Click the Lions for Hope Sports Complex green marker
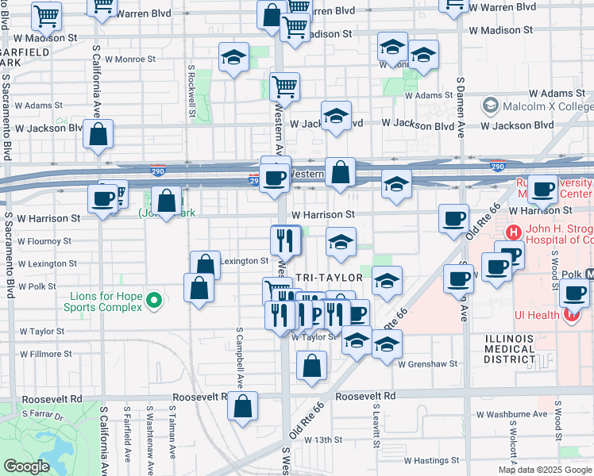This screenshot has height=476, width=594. tap(155, 300)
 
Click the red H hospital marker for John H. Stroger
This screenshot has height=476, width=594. tap(515, 232)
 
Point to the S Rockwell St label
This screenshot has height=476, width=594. tap(192, 93)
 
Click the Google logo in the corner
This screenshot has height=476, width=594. tap(26, 466)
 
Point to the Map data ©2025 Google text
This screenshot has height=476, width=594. tap(545, 470)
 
